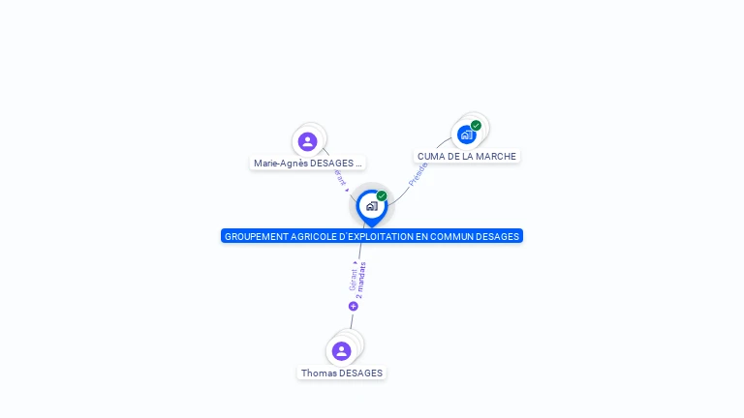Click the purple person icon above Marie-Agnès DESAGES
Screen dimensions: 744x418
coord(308,141)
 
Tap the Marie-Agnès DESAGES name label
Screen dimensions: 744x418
coord(307,164)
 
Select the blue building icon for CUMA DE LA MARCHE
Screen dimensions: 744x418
coord(467,134)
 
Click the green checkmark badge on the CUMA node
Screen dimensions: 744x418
coord(476,126)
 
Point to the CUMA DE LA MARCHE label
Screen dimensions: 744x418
coord(467,156)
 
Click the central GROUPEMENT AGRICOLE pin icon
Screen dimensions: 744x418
coord(371,206)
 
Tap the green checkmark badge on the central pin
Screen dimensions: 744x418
coord(382,196)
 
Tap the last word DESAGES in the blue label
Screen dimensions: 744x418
coord(501,236)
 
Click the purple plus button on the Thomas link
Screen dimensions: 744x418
coord(354,306)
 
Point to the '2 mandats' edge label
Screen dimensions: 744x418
coord(360,280)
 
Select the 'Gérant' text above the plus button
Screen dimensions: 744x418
coord(353,278)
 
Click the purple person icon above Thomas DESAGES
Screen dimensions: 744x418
coord(341,350)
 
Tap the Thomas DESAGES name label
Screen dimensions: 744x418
coord(342,373)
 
